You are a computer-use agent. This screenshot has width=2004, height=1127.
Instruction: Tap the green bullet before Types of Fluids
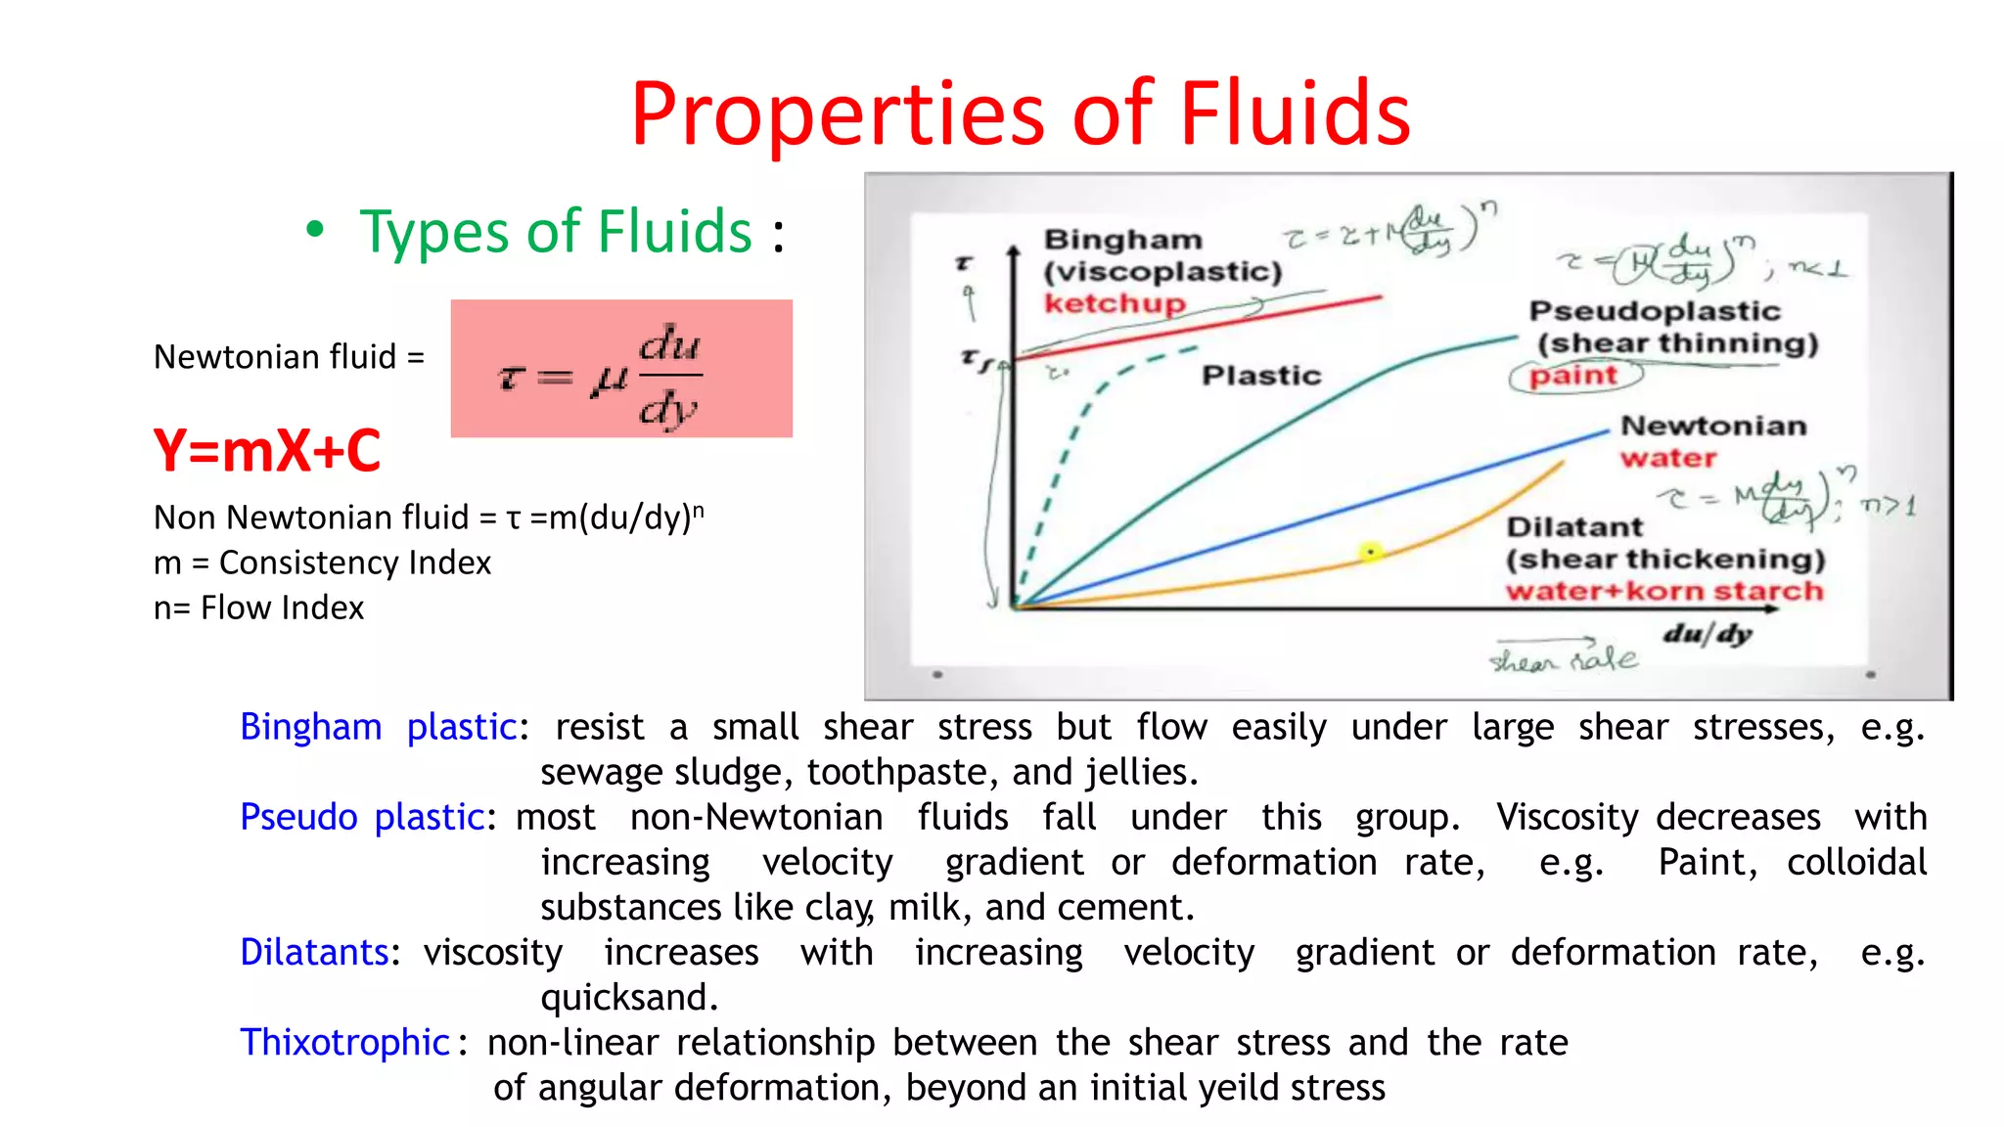[314, 231]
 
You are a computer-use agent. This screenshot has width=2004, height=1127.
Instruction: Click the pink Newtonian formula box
[621, 369]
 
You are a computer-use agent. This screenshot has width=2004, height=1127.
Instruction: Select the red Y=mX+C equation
[266, 451]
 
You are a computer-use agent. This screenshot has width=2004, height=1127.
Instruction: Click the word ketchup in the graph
[1114, 303]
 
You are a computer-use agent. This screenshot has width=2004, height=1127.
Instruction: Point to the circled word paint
[1573, 376]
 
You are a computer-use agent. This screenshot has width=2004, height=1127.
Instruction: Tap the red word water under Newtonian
[1667, 458]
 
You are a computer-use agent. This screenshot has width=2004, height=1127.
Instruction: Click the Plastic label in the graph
[1260, 376]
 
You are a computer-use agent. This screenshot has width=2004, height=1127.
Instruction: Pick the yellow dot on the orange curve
[1370, 553]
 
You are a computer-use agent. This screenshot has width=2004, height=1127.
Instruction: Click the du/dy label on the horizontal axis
[1707, 634]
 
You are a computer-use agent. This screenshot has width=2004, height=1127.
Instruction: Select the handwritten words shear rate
[1563, 660]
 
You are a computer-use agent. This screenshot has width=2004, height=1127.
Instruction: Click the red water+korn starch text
[1663, 592]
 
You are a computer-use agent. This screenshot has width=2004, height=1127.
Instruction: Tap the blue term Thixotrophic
[344, 1043]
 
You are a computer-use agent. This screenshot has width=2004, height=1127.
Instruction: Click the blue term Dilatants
[314, 953]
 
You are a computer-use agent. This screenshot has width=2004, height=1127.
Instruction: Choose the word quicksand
[628, 998]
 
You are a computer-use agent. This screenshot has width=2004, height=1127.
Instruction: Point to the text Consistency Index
[354, 563]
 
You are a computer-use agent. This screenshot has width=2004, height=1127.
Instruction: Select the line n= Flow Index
[258, 608]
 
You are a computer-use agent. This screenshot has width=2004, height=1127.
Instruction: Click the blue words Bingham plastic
[378, 728]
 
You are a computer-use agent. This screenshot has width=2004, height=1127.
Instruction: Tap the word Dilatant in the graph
[1574, 527]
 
